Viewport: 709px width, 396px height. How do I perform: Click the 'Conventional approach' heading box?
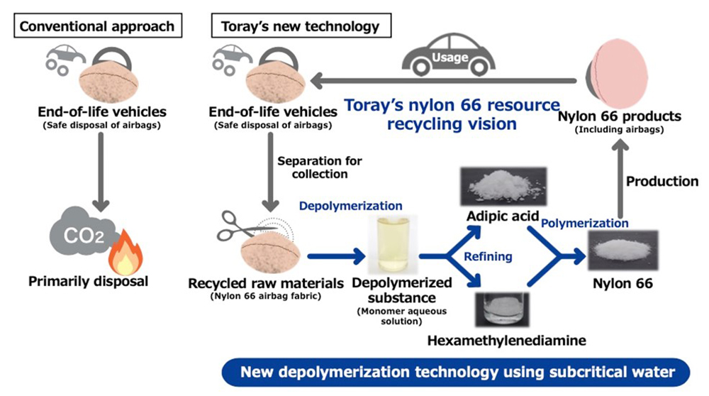click(96, 27)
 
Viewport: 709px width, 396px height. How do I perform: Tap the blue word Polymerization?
click(585, 223)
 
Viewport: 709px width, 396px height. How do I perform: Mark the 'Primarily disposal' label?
click(89, 282)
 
